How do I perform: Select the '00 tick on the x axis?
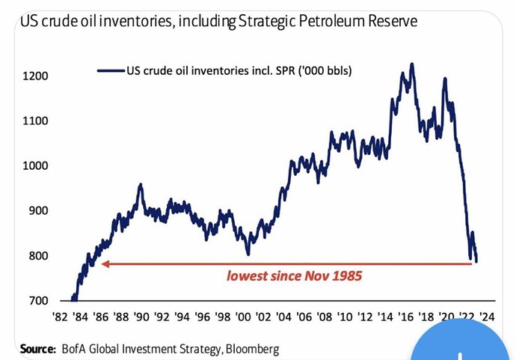coord(242,317)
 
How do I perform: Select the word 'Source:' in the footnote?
coord(37,349)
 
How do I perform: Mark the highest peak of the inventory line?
coord(411,64)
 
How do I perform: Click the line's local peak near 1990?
coord(140,184)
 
